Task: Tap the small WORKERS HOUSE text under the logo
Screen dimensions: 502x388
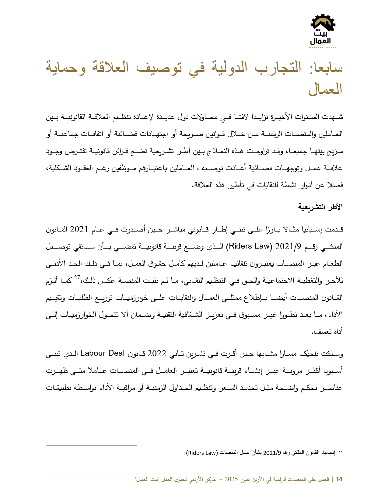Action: pos(323,48)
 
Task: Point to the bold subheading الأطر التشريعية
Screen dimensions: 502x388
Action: pos(320,207)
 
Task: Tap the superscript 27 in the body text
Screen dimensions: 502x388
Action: pos(77,277)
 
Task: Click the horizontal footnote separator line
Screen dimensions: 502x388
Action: pos(91,445)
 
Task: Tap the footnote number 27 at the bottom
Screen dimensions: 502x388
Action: pos(340,451)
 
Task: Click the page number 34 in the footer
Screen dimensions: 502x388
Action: pos(339,479)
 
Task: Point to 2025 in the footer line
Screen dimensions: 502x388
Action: pos(231,479)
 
